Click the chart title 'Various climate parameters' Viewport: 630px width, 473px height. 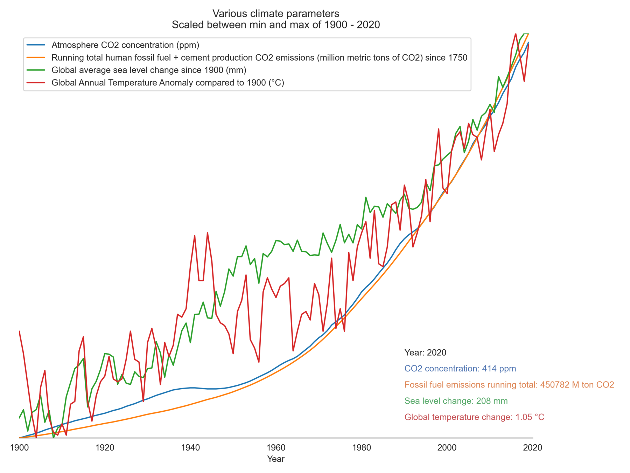[276, 14]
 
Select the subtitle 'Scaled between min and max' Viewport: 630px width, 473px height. [276, 25]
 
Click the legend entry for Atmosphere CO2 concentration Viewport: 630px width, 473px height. [125, 45]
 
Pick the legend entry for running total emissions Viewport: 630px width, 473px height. [259, 57]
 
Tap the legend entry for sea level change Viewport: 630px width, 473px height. [149, 70]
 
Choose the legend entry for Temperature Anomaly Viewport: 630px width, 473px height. [168, 83]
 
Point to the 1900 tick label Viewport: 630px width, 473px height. [19, 447]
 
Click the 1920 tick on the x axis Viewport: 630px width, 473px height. [105, 447]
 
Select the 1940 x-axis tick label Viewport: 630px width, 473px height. [190, 447]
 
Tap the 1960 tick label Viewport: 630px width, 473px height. [276, 447]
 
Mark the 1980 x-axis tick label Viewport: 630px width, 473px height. [362, 447]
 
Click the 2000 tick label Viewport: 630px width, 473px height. [447, 447]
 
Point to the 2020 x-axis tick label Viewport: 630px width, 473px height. [533, 447]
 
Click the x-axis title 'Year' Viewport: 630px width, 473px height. [276, 459]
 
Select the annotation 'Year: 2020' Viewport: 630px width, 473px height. [425, 352]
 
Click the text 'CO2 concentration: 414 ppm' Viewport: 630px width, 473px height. [460, 369]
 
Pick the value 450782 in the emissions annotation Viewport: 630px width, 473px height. [554, 385]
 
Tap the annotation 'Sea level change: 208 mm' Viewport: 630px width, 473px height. [456, 401]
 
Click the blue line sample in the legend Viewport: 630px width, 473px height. [36, 45]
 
